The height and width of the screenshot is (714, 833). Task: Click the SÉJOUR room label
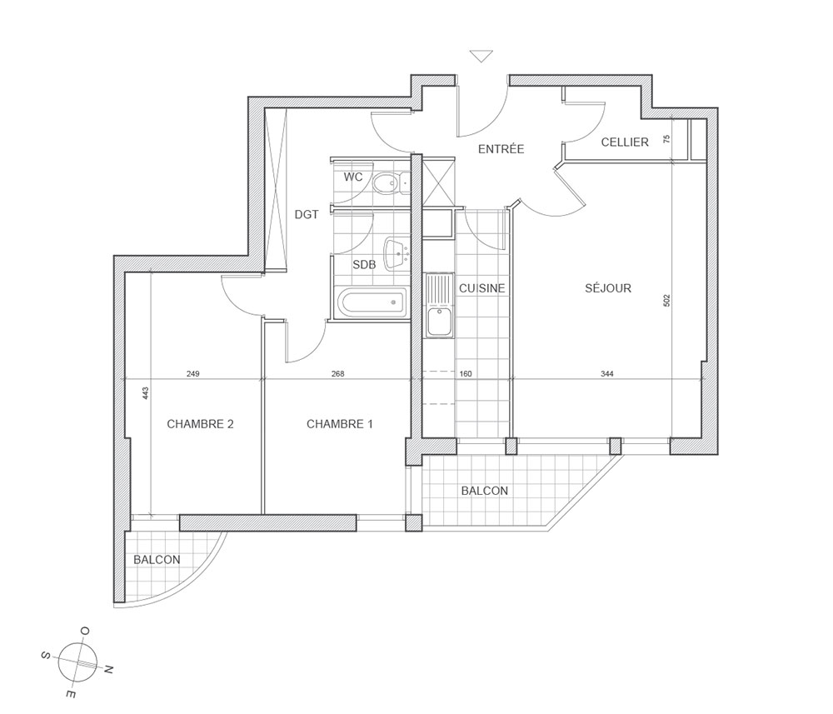tap(608, 288)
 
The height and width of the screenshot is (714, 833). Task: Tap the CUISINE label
tap(481, 288)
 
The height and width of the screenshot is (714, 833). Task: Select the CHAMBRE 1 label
tap(340, 424)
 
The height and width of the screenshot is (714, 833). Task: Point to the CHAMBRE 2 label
tap(200, 424)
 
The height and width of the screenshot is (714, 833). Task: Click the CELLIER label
tap(625, 142)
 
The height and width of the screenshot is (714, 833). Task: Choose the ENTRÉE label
tap(501, 149)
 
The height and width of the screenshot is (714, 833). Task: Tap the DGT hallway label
tap(307, 215)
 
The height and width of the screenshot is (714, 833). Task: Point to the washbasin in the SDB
tap(397, 252)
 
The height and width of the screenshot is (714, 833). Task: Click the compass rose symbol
tap(77, 662)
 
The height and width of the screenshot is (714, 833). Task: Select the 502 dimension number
tap(667, 300)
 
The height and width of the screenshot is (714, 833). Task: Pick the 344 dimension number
tap(606, 374)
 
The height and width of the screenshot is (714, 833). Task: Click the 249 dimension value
tap(193, 374)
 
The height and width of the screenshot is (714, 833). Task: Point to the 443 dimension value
tap(146, 393)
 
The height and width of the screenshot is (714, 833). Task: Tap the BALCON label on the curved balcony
tap(157, 560)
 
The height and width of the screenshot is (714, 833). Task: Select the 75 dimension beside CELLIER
tap(667, 139)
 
